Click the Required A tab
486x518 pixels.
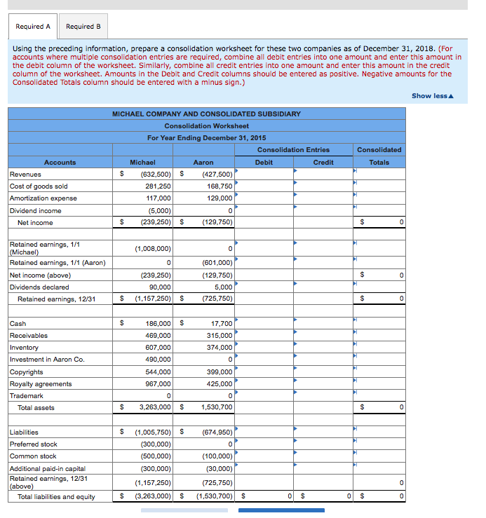point(33,27)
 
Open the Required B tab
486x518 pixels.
point(83,27)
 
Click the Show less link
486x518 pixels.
point(432,96)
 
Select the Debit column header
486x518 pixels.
point(264,162)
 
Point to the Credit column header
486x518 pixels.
point(323,162)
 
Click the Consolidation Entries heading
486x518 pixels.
point(293,150)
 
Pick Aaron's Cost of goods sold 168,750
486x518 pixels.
point(220,186)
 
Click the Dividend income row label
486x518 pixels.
point(36,210)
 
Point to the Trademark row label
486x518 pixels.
point(27,396)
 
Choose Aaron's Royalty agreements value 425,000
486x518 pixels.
point(220,384)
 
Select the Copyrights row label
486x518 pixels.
point(27,372)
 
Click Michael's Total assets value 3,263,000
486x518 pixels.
point(155,407)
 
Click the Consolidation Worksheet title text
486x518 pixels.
point(206,125)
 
